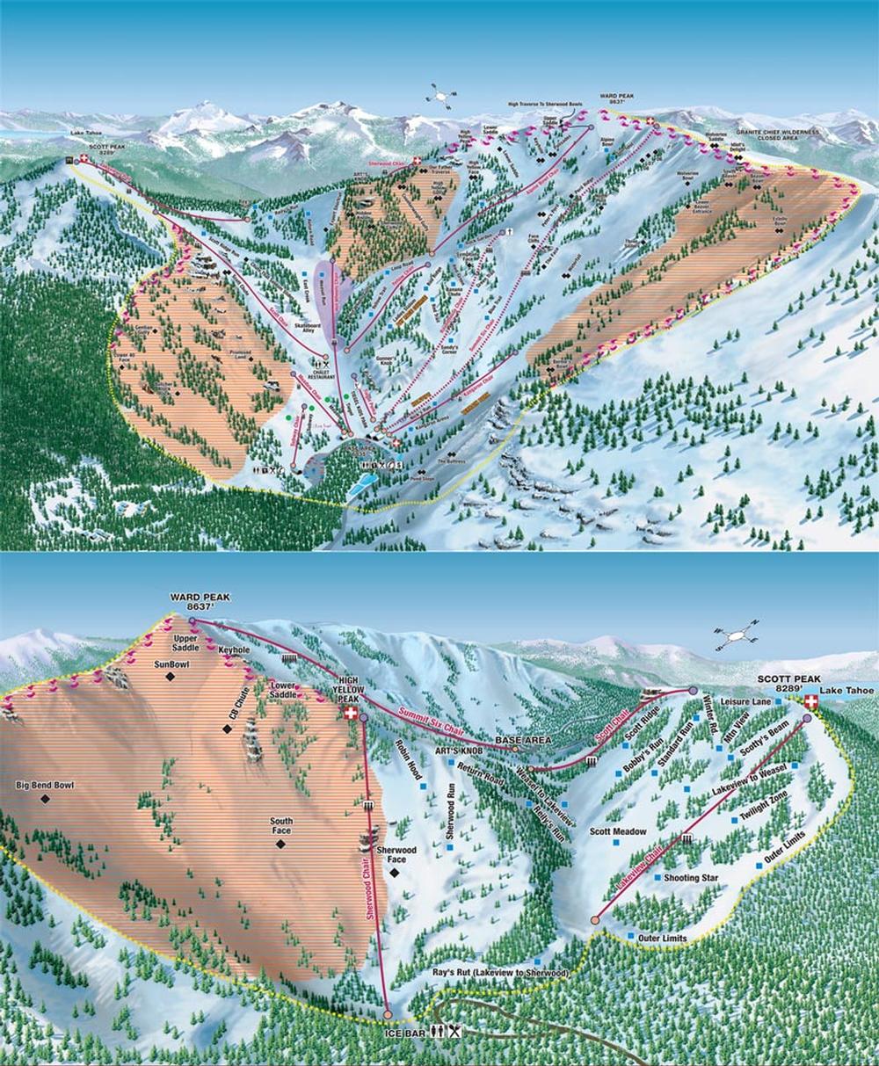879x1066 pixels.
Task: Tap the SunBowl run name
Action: (173, 664)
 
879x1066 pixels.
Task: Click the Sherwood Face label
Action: (396, 856)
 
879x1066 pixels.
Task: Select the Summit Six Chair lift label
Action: (430, 722)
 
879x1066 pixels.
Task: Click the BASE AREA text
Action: (523, 741)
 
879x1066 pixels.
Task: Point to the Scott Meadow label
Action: (618, 830)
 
